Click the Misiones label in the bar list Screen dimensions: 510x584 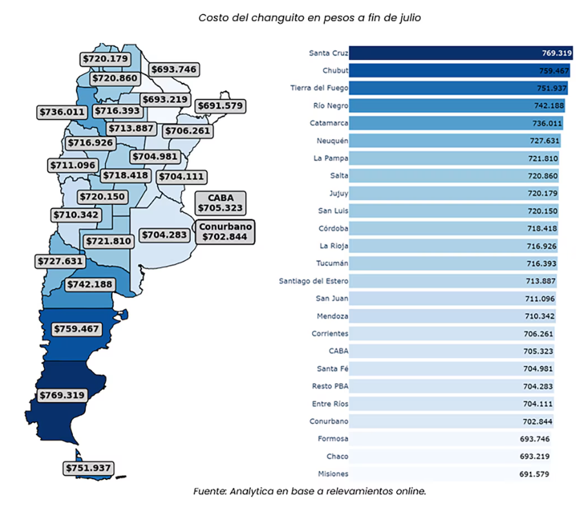[x=333, y=474]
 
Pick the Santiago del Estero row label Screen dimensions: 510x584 [x=314, y=281]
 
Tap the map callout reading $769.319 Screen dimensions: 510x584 [x=62, y=395]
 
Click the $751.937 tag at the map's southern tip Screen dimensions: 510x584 [x=88, y=468]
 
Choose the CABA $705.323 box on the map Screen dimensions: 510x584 [x=221, y=203]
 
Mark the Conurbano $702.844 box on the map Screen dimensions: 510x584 [x=226, y=231]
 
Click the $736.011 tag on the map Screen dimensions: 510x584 [x=62, y=111]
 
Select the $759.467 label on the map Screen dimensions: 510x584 [x=76, y=328]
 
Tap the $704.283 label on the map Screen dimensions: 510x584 [x=164, y=234]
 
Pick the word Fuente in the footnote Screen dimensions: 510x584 [x=208, y=492]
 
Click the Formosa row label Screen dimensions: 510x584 [x=333, y=439]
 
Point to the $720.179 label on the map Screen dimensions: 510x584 [x=106, y=59]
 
